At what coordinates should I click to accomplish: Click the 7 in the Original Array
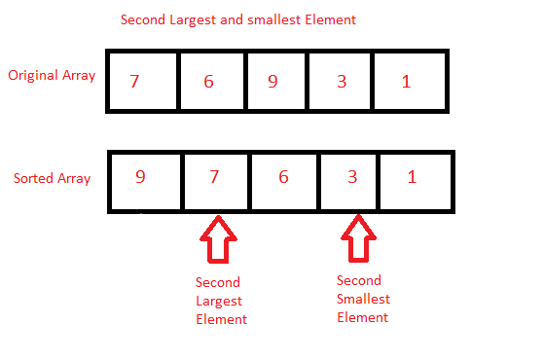coord(134,81)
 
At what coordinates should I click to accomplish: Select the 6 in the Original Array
coord(208,82)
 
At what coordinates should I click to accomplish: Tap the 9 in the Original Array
coord(272,81)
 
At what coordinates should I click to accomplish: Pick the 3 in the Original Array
coord(342,81)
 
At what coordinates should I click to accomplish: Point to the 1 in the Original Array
coord(406,82)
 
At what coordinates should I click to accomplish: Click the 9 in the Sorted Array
coord(141,178)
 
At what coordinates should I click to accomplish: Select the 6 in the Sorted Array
coord(283,178)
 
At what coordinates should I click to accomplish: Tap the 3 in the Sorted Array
coord(353,178)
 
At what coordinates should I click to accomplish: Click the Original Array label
coord(52,76)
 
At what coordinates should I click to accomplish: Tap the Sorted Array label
coord(51,179)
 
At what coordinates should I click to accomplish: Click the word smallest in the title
coord(274,20)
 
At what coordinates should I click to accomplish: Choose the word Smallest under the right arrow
coord(362,300)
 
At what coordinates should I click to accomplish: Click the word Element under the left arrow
coord(221,318)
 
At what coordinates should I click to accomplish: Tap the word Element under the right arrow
coord(362,317)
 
